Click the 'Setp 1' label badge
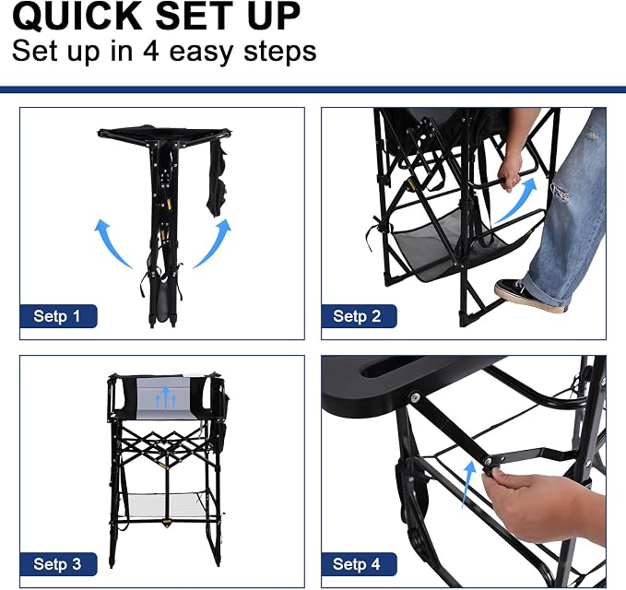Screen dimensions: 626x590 click(x=58, y=316)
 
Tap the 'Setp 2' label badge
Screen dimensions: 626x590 click(x=359, y=316)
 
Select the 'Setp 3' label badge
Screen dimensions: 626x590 click(x=58, y=564)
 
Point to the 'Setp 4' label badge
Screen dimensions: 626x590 click(x=359, y=564)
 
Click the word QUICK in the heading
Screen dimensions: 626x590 click(x=77, y=16)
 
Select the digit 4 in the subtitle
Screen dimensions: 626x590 click(x=151, y=52)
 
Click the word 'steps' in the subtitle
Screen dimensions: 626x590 click(x=280, y=53)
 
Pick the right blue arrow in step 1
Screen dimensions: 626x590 click(x=214, y=242)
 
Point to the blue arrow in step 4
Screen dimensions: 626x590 click(x=468, y=483)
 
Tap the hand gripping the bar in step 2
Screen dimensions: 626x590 click(x=510, y=171)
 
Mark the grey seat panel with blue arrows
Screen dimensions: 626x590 click(x=163, y=398)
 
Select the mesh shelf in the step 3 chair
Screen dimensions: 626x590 click(x=166, y=505)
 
